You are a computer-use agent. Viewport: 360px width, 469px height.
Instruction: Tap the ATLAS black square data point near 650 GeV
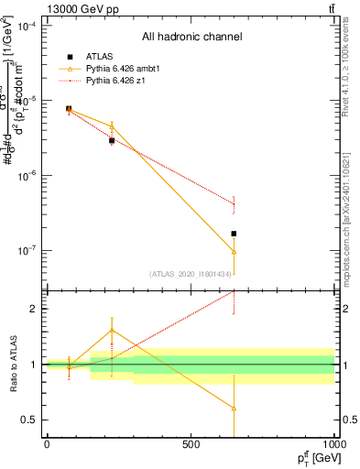(x=235, y=234)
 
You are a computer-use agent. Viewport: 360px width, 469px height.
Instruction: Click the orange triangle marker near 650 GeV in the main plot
(x=235, y=251)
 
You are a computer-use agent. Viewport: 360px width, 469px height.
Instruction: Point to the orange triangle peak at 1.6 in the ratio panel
(x=112, y=330)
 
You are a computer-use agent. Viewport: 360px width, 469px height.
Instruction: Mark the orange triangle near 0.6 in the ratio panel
(x=235, y=409)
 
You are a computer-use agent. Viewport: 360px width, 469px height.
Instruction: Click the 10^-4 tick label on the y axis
(x=26, y=27)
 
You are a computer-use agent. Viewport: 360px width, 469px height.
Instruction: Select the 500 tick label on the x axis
(x=191, y=444)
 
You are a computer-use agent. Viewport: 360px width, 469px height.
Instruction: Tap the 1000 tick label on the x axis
(x=333, y=444)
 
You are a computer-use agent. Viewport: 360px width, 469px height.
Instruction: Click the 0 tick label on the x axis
(x=47, y=444)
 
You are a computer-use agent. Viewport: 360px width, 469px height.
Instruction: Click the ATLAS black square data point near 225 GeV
(x=112, y=140)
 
